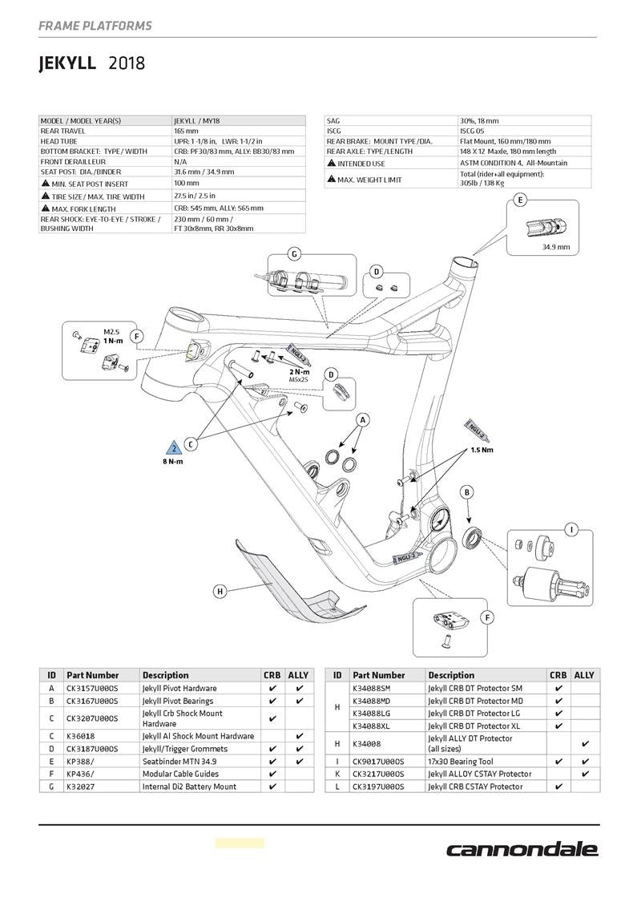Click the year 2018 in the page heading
[127, 63]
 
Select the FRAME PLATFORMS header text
[95, 26]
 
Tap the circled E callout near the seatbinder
[521, 200]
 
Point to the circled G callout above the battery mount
[294, 254]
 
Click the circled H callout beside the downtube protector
[220, 592]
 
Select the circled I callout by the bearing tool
[570, 529]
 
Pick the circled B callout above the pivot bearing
[467, 491]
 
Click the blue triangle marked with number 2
[174, 448]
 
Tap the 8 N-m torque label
[172, 462]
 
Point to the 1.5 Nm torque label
[482, 450]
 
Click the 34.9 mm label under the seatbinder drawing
[556, 247]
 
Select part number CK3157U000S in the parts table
[91, 688]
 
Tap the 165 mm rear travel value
[186, 131]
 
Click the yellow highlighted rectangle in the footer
[239, 843]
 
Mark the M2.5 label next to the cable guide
[112, 330]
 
